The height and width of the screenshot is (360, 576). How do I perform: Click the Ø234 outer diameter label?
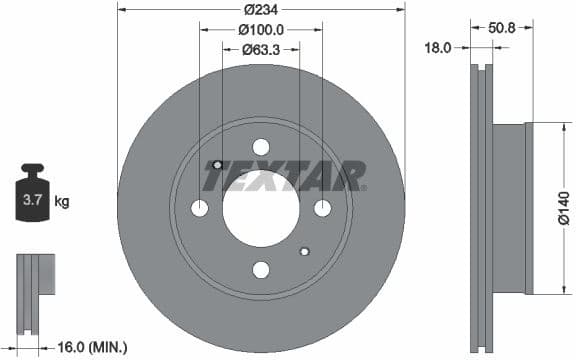point(260,11)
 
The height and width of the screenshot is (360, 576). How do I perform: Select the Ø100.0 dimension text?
point(260,31)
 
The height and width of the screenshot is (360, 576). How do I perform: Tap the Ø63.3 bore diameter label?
point(260,50)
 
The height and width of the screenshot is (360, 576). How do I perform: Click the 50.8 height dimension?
point(503,28)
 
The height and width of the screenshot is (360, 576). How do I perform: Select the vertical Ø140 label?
point(563,206)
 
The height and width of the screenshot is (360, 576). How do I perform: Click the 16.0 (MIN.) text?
point(91,346)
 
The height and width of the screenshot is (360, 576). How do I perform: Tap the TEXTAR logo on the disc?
point(285,177)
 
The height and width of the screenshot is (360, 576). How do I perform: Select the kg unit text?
point(62,202)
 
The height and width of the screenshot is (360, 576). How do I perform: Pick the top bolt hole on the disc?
point(261,146)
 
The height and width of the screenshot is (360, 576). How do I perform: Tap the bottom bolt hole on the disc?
point(261,269)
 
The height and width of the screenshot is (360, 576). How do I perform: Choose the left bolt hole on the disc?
point(199,208)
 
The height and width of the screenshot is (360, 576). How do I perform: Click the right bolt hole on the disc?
point(322,208)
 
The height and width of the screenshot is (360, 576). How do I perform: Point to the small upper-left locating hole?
point(217,164)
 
